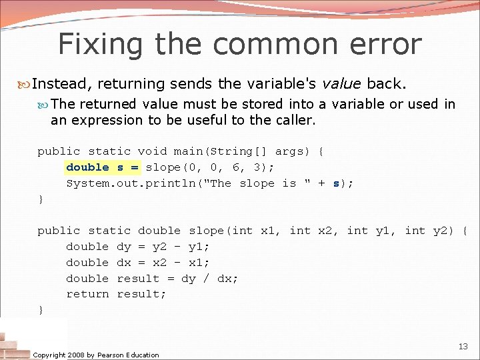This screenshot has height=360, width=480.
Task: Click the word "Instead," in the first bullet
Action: coord(63,84)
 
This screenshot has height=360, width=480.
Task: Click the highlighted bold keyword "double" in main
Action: coord(87,167)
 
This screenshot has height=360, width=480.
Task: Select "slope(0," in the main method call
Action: coord(170,167)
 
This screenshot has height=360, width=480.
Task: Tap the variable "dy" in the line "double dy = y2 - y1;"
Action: coord(124,247)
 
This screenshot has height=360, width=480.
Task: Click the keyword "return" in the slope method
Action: coord(87,294)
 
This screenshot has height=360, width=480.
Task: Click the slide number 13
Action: coord(463,346)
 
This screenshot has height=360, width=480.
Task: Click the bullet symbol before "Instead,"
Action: coord(25,85)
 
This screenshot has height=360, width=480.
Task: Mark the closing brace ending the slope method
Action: coord(41,310)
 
